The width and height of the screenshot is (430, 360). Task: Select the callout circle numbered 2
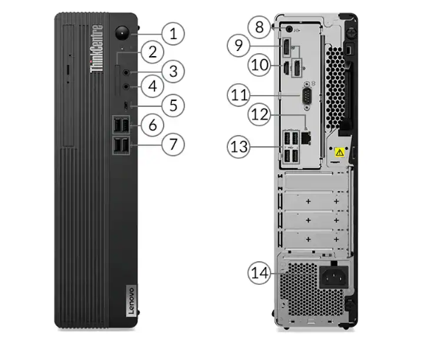click(x=152, y=52)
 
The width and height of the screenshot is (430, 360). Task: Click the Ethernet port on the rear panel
click(x=310, y=137)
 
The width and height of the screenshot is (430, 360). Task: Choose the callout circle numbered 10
click(x=258, y=65)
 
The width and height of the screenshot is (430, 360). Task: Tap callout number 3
click(x=173, y=71)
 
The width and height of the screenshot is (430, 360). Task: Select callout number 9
click(x=237, y=46)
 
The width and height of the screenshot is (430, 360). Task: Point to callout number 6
click(x=152, y=125)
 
